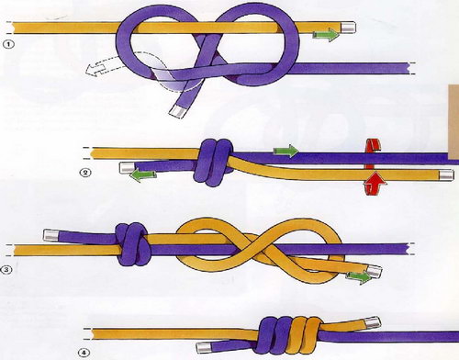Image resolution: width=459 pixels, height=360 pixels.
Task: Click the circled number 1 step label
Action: pyautogui.click(x=8, y=45)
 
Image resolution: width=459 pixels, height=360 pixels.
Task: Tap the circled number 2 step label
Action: pyautogui.click(x=85, y=173)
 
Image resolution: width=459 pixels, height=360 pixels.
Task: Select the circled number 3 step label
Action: pyautogui.click(x=7, y=270)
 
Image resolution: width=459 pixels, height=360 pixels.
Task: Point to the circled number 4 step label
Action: pyautogui.click(x=85, y=353)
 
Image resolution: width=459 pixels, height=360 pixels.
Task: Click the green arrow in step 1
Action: pyautogui.click(x=326, y=34)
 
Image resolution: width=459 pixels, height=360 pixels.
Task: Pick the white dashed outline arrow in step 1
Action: pyautogui.click(x=97, y=67)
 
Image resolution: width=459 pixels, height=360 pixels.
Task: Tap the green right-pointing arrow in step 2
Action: pyautogui.click(x=285, y=151)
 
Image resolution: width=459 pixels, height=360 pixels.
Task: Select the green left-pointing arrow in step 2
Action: pyautogui.click(x=143, y=176)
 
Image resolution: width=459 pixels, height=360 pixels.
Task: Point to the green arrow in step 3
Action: pyautogui.click(x=360, y=277)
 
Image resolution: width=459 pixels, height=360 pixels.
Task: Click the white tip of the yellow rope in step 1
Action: pyautogui.click(x=348, y=27)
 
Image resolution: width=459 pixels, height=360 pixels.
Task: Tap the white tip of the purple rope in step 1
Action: pyautogui.click(x=176, y=111)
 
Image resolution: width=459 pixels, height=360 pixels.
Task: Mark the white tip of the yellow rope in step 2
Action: pyautogui.click(x=446, y=175)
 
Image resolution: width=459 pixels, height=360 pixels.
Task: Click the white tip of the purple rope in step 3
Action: pyautogui.click(x=51, y=235)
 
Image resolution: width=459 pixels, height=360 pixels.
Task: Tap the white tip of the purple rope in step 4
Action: pyautogui.click(x=204, y=346)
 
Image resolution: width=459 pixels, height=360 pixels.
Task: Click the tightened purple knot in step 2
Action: pyautogui.click(x=213, y=163)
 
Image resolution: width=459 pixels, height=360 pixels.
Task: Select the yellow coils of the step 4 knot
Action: pyautogui.click(x=304, y=336)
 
